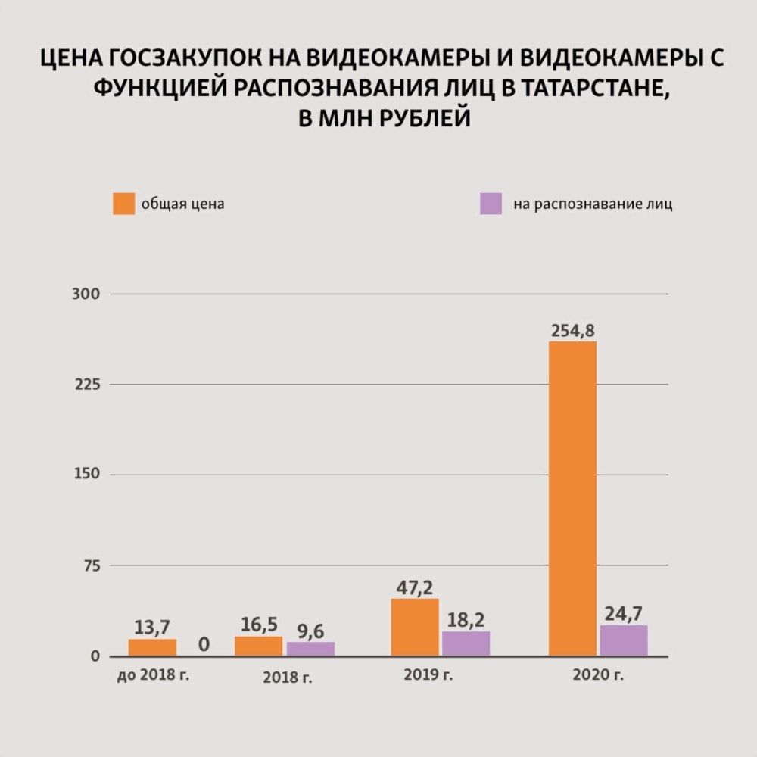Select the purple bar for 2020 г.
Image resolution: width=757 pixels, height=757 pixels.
pos(624,640)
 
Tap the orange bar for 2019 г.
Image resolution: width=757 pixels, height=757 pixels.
pos(415,627)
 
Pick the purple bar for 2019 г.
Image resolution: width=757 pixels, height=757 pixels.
pos(466,643)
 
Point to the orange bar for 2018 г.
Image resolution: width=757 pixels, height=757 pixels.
pos(258,646)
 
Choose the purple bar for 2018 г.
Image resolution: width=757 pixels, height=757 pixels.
pos(310,649)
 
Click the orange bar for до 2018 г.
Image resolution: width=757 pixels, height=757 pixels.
pos(152,647)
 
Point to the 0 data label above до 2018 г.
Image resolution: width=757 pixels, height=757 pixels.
pos(204,645)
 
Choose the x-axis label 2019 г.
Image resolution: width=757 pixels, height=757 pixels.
pos(428,674)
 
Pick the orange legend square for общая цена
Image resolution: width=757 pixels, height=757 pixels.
pos(123,204)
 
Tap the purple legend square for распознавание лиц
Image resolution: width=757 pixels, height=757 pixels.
pos(491,204)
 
